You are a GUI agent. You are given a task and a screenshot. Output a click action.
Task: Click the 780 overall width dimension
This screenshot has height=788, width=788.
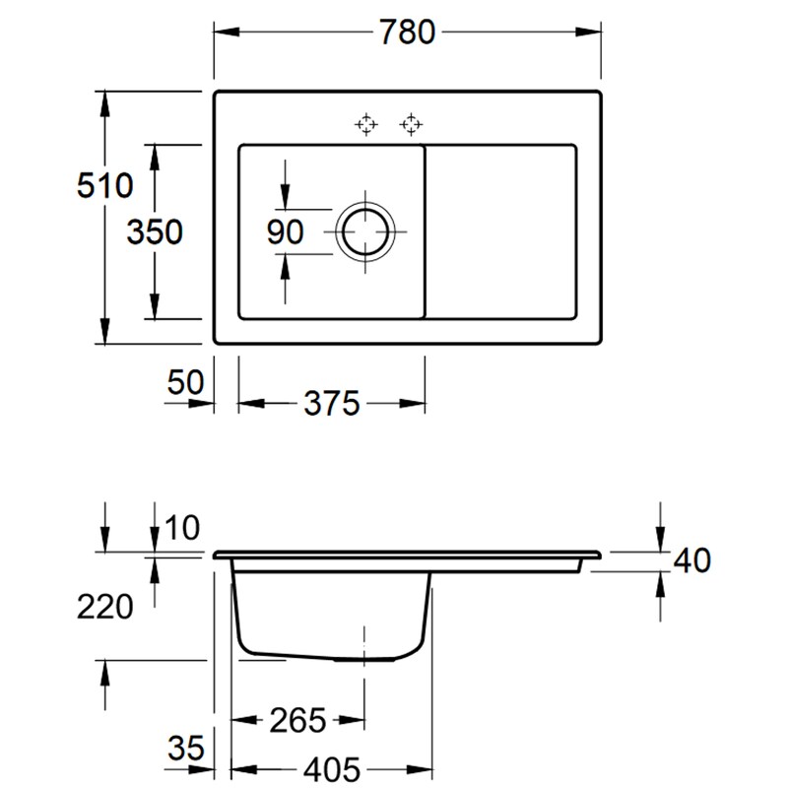[407, 33]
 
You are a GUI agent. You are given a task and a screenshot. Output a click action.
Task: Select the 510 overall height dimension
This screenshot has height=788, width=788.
[103, 184]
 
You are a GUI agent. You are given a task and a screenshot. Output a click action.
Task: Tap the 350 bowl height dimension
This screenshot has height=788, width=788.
[155, 231]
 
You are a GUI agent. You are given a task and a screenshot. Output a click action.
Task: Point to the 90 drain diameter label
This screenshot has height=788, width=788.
[286, 232]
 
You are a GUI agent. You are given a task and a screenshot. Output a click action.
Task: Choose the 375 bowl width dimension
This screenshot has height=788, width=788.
[332, 403]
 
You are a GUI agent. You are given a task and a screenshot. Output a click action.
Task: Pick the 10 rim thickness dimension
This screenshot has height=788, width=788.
[182, 529]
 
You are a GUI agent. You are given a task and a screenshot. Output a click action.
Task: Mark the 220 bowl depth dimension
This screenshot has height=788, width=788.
[103, 607]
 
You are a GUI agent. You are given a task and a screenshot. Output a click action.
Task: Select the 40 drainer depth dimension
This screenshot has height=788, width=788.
[689, 560]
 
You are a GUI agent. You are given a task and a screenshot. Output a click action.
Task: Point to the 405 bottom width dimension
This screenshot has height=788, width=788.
[331, 767]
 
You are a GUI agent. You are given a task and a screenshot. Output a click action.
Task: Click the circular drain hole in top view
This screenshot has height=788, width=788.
[366, 232]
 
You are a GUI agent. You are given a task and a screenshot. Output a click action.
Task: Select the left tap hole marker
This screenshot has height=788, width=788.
[366, 124]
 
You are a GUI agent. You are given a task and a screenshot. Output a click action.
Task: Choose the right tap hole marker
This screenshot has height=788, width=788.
[410, 124]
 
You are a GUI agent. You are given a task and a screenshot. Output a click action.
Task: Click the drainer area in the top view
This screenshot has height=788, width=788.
[501, 232]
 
